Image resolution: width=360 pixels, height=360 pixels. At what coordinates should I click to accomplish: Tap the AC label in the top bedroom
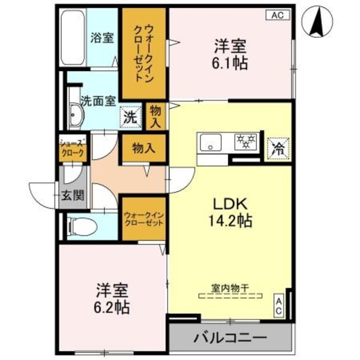point(278,15)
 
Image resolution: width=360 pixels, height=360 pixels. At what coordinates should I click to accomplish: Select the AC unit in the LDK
point(278,306)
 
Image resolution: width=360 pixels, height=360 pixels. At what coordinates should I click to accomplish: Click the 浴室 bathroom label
point(103,38)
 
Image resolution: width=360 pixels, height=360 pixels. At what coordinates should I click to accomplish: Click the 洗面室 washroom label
point(98,101)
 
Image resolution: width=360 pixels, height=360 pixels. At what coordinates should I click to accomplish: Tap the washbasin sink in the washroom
point(75,116)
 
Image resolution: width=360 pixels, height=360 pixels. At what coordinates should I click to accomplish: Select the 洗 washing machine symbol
point(130,118)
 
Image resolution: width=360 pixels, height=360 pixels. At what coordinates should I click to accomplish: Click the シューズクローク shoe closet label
point(74,148)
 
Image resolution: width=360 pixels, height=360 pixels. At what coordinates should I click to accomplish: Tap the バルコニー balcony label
point(230,339)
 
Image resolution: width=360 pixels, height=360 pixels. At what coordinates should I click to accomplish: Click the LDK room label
point(229,204)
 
